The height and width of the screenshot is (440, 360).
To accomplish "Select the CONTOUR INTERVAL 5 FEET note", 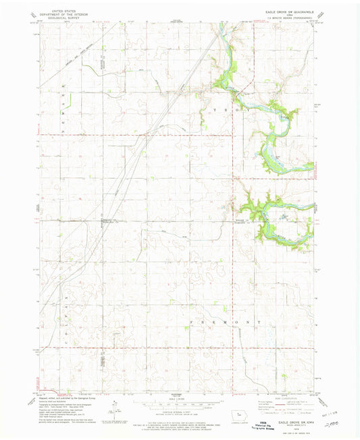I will (x=178, y=412).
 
